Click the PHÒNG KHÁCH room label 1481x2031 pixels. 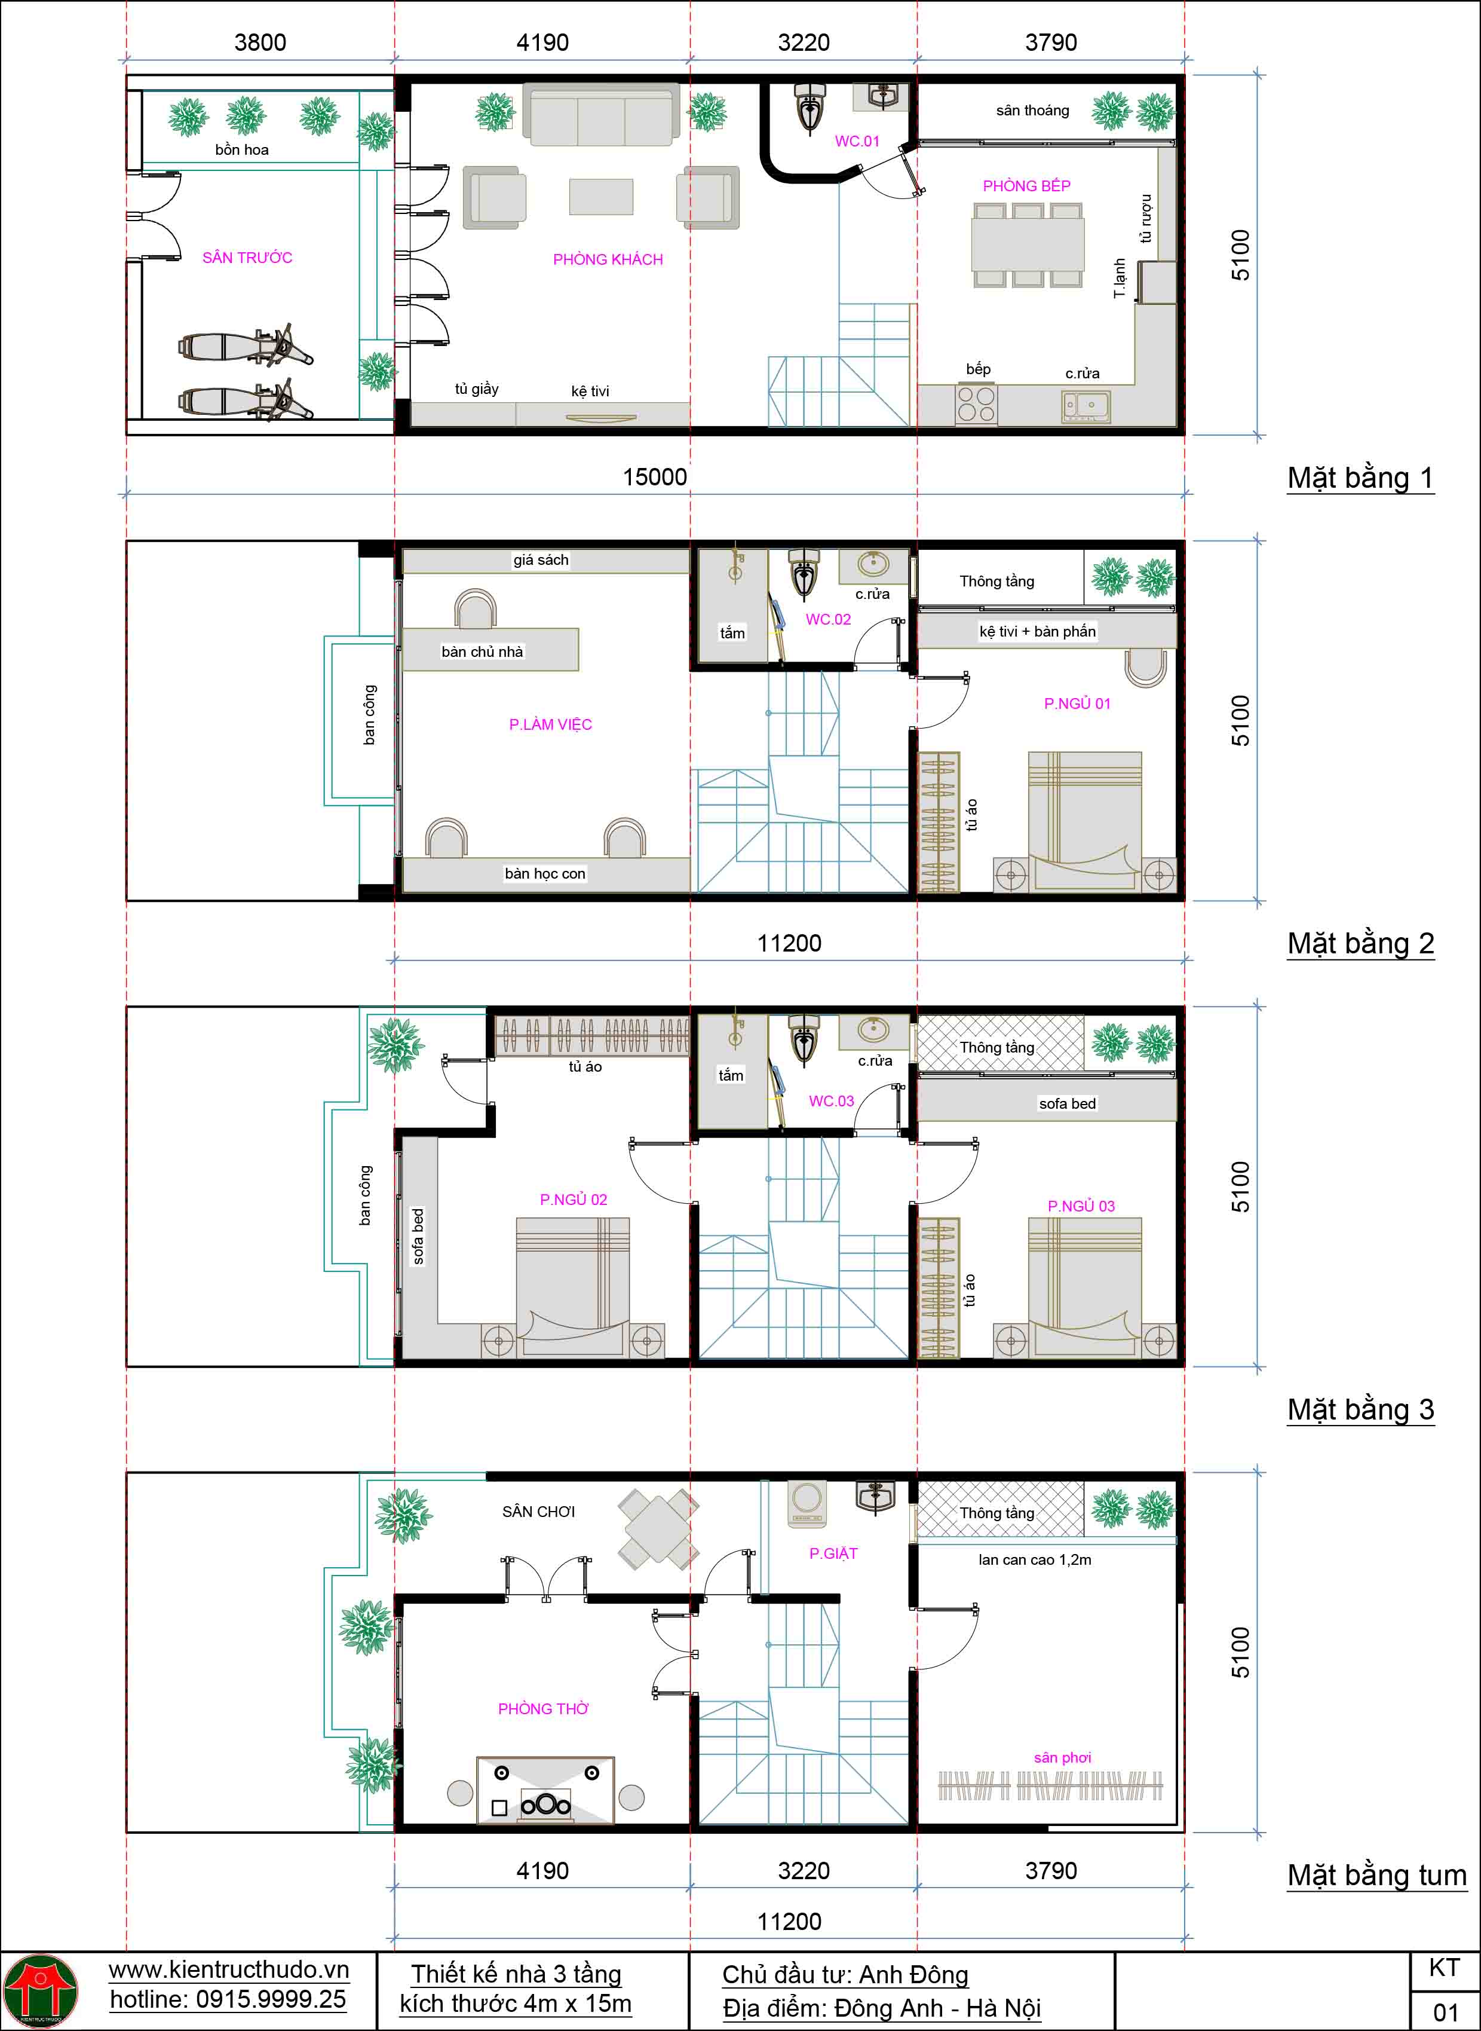point(608,259)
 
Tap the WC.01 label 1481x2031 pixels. point(857,141)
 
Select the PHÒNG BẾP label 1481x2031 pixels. point(1026,186)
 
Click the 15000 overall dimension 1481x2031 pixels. point(654,476)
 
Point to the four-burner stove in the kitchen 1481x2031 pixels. point(976,403)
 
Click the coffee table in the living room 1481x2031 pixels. point(600,197)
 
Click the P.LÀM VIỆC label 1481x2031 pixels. point(550,724)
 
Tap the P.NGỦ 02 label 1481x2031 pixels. point(574,1199)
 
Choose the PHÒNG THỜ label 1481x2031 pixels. point(543,1708)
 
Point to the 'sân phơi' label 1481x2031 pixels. point(1062,1757)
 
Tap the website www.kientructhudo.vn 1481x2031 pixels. point(229,1969)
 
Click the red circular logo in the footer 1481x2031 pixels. point(41,1990)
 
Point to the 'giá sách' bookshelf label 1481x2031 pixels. point(541,559)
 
